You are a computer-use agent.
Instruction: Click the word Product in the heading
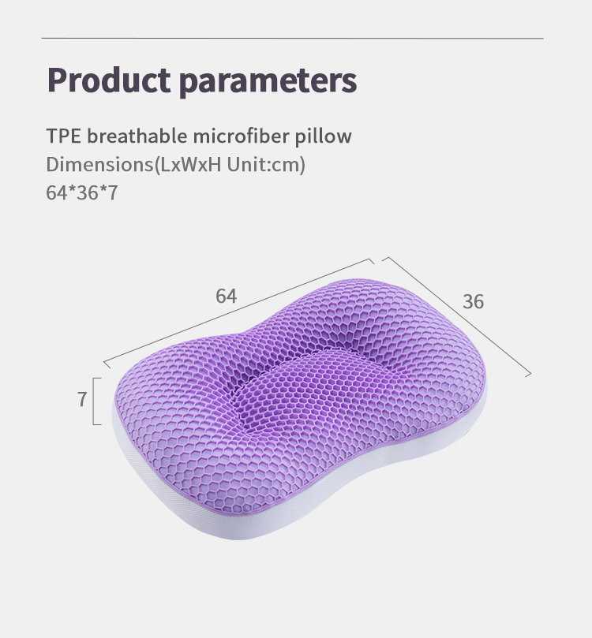pyautogui.click(x=107, y=80)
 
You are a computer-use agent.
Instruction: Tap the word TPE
pyautogui.click(x=64, y=136)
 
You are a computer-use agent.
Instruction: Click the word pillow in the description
pyautogui.click(x=323, y=136)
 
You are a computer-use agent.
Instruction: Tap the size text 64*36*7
pyautogui.click(x=82, y=193)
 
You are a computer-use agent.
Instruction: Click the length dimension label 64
pyautogui.click(x=227, y=297)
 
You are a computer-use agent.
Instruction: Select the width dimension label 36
pyautogui.click(x=473, y=301)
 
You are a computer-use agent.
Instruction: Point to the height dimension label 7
pyautogui.click(x=81, y=400)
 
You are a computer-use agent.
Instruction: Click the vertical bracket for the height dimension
pyautogui.click(x=95, y=401)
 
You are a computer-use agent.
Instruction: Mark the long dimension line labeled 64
pyautogui.click(x=237, y=311)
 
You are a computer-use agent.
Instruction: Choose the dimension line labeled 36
pyautogui.click(x=458, y=316)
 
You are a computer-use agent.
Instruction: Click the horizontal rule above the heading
pyautogui.click(x=292, y=38)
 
